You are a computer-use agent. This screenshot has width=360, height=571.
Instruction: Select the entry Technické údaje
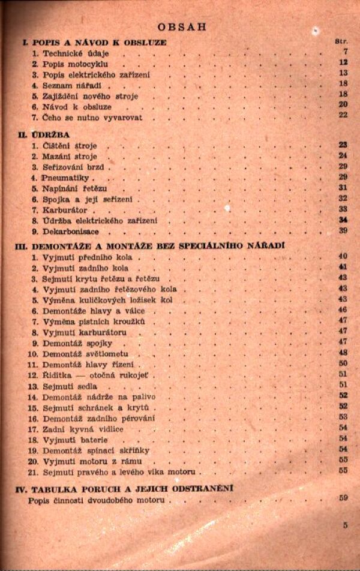click(68, 53)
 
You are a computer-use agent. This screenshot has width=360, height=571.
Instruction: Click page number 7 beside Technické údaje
click(345, 53)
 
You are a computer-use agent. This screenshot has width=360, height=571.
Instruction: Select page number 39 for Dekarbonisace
click(343, 231)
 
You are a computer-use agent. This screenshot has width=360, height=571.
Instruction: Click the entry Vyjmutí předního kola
click(83, 257)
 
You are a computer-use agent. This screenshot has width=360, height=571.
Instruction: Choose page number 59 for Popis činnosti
click(343, 498)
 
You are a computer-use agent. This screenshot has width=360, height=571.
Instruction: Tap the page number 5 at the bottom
click(346, 526)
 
